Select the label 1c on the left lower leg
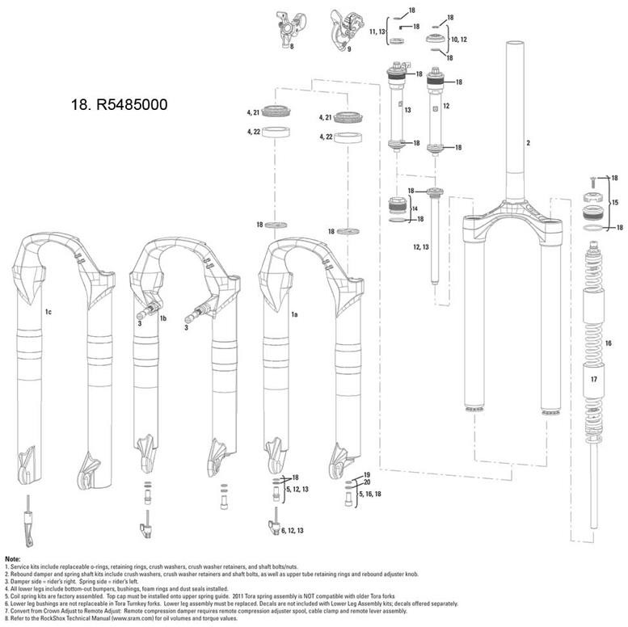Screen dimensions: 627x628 coord(48,310)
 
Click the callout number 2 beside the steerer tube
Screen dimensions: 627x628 coord(528,143)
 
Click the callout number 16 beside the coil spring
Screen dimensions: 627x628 coord(609,343)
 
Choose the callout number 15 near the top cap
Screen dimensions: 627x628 coord(614,202)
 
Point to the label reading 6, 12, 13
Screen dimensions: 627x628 coord(293,530)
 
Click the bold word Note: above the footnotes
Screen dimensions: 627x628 coord(13,559)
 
